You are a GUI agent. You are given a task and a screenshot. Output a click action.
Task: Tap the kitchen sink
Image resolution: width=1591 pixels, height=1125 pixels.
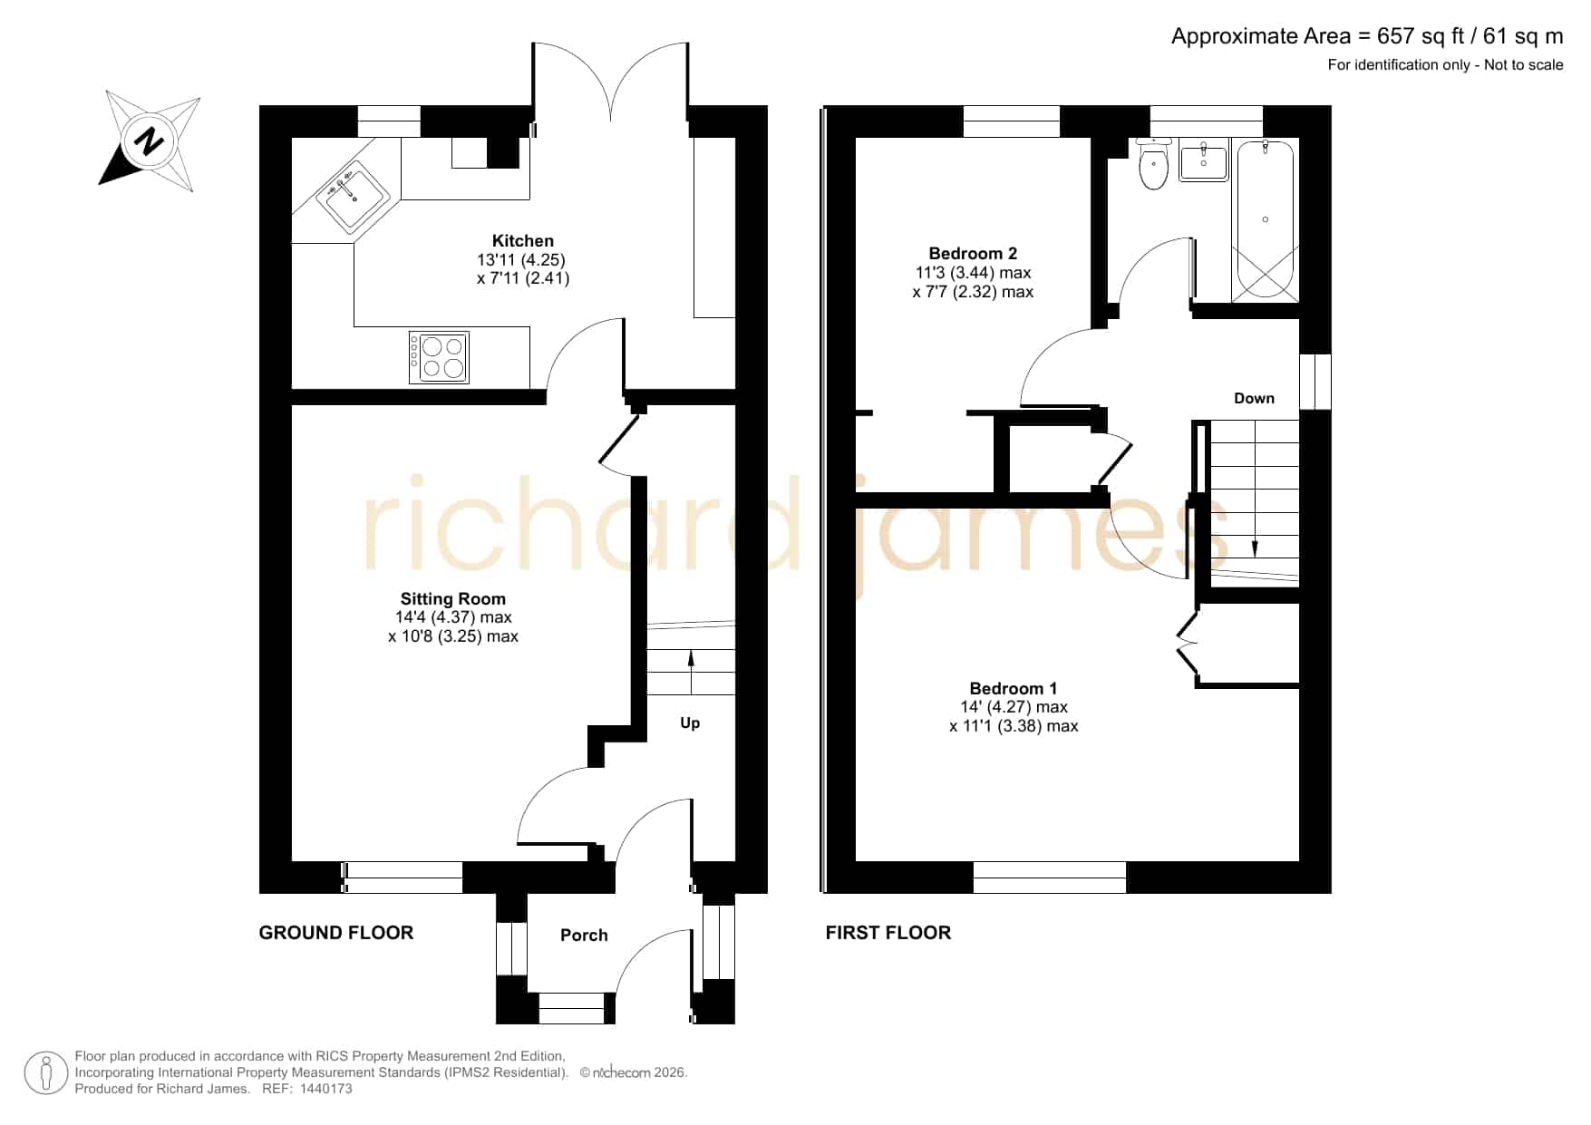pyautogui.click(x=353, y=196)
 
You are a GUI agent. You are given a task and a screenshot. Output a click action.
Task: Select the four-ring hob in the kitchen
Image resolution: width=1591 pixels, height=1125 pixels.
pyautogui.click(x=439, y=357)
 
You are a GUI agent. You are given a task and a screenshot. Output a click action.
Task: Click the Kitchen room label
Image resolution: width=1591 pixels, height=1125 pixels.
pyautogui.click(x=523, y=241)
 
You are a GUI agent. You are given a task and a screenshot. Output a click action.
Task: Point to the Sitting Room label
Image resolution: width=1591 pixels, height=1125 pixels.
pyautogui.click(x=453, y=598)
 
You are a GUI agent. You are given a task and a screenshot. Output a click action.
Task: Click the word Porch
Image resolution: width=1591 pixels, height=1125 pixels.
pyautogui.click(x=584, y=935)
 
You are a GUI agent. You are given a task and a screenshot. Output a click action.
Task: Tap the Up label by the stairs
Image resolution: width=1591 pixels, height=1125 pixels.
pyautogui.click(x=690, y=723)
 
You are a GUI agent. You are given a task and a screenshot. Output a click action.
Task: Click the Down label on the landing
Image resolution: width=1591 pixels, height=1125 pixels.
pyautogui.click(x=1254, y=398)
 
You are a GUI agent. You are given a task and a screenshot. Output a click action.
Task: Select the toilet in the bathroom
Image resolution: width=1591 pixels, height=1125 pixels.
pyautogui.click(x=1153, y=164)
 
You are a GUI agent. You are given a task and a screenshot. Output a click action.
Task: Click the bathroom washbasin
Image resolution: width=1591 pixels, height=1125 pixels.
pyautogui.click(x=1204, y=161)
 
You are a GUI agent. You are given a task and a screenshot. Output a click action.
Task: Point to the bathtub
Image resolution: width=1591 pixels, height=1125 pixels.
pyautogui.click(x=1266, y=220)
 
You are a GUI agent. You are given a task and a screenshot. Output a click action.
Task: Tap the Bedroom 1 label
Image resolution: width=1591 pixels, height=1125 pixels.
pyautogui.click(x=1013, y=688)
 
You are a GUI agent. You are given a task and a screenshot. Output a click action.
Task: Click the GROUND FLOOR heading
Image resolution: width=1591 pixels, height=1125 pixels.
pyautogui.click(x=336, y=933)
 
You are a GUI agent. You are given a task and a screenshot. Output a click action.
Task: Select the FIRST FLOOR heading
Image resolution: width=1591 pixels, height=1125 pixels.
pyautogui.click(x=888, y=933)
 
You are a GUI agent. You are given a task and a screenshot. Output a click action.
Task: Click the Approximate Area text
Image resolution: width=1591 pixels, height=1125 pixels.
pyautogui.click(x=1367, y=36)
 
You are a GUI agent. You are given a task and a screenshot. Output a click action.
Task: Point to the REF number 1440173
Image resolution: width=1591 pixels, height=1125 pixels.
pyautogui.click(x=325, y=1089)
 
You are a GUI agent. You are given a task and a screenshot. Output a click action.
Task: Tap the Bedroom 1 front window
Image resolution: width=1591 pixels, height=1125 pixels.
pyautogui.click(x=1050, y=877)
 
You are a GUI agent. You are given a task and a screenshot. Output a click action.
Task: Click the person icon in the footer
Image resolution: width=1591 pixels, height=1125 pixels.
pyautogui.click(x=45, y=1073)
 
